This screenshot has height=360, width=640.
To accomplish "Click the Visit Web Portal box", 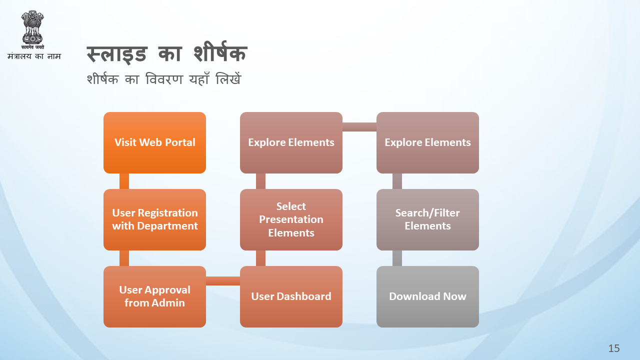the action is (x=154, y=142).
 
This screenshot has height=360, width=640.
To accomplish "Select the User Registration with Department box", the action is (x=154, y=219).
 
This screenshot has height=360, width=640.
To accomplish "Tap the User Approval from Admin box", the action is (x=154, y=296).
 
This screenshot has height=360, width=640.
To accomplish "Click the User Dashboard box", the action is (x=291, y=296).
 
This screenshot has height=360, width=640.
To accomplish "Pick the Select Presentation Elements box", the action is (x=291, y=219).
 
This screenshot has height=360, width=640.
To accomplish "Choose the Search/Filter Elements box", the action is (x=427, y=219).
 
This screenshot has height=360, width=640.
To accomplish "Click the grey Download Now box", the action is (x=427, y=296).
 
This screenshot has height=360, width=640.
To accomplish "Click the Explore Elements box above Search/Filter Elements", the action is (x=427, y=142).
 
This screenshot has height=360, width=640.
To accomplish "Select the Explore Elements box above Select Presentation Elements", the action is (x=291, y=142).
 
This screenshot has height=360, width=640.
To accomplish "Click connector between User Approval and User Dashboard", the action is (x=223, y=281).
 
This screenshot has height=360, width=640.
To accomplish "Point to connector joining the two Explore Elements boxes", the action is (x=359, y=127).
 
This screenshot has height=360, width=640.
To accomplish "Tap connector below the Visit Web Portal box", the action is (x=124, y=181).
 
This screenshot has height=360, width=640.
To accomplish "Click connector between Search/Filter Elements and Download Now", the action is (x=397, y=258).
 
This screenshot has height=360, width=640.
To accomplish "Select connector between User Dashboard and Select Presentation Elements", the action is (x=260, y=258).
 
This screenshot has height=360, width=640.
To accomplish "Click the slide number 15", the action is (x=613, y=348).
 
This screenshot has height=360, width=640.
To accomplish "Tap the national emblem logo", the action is (x=32, y=29).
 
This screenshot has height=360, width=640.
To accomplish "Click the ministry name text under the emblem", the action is (x=34, y=56).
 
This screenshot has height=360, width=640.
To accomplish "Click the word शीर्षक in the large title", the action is (x=220, y=52).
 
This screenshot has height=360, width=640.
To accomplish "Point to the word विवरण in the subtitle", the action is (x=164, y=79).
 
